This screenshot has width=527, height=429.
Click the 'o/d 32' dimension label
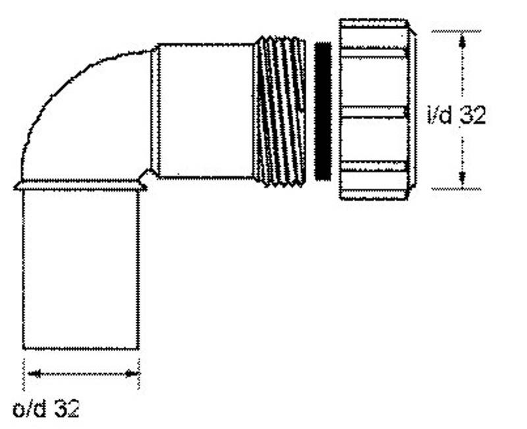(x=45, y=408)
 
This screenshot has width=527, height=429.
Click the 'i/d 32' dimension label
(x=457, y=115)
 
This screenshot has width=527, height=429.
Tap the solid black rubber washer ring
(x=323, y=111)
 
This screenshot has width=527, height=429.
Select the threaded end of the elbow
(x=279, y=111)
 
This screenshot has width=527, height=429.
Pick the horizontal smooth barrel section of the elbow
(x=206, y=111)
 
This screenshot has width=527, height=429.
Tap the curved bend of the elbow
(x=84, y=118)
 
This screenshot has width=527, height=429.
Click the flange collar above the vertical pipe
(x=80, y=185)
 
